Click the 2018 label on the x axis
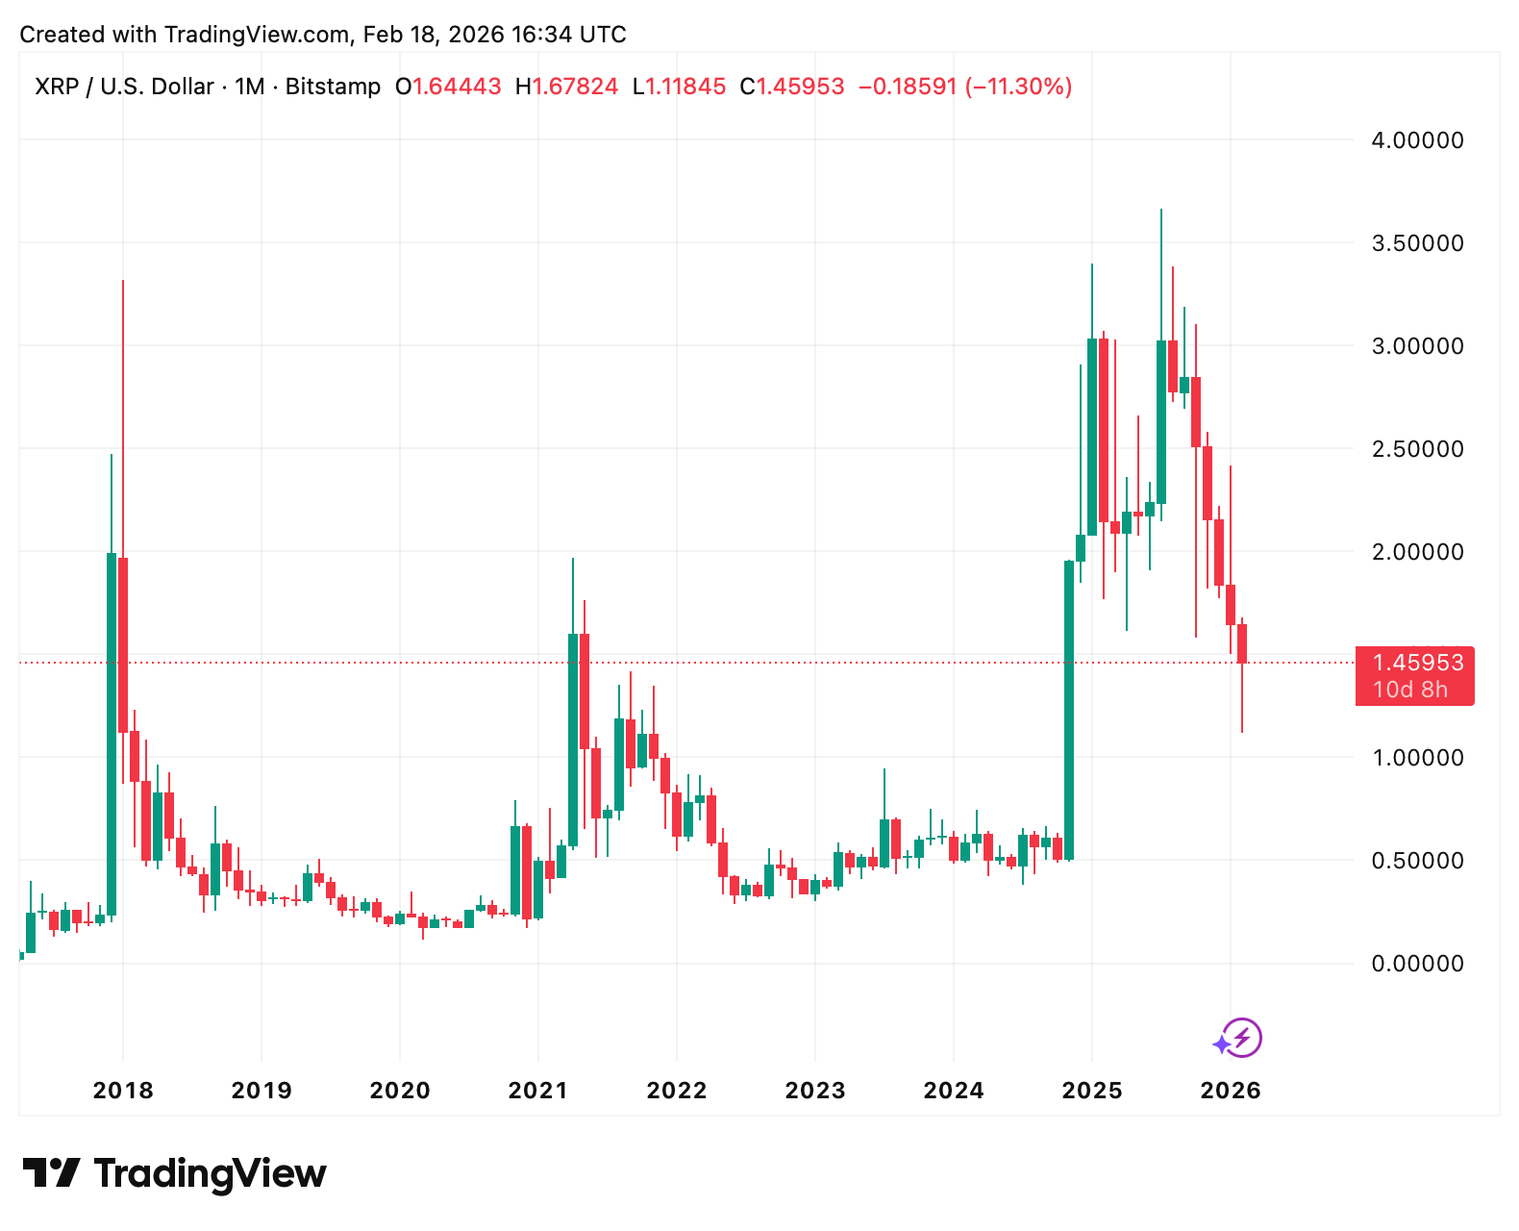(123, 1091)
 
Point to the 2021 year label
(538, 1091)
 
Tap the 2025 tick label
(1092, 1091)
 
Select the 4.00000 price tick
(1417, 140)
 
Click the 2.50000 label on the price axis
(1417, 449)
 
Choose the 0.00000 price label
(1417, 964)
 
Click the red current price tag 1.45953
(1417, 663)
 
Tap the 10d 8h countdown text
(1409, 690)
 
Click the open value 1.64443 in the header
(457, 87)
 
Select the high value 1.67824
(575, 87)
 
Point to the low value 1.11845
(685, 87)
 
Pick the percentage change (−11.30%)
(1018, 87)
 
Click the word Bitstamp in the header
(333, 87)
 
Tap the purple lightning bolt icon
(1242, 1038)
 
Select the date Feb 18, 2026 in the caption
(434, 35)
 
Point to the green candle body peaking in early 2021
(573, 740)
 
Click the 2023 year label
(815, 1091)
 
